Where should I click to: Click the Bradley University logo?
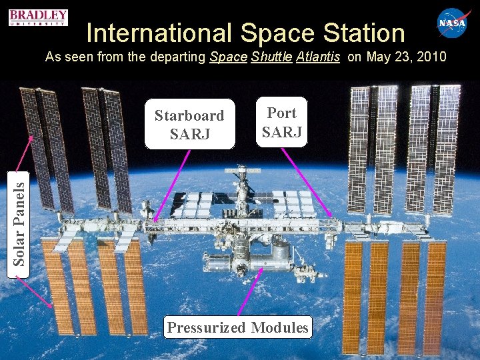[x=39, y=17]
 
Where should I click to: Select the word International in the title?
[x=158, y=33]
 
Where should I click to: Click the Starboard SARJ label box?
[x=190, y=124]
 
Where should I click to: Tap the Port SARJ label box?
[x=281, y=122]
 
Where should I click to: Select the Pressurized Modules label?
[x=238, y=327]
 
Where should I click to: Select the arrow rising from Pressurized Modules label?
[x=247, y=293]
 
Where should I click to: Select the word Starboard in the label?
[x=189, y=115]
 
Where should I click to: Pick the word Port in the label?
[x=281, y=113]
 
